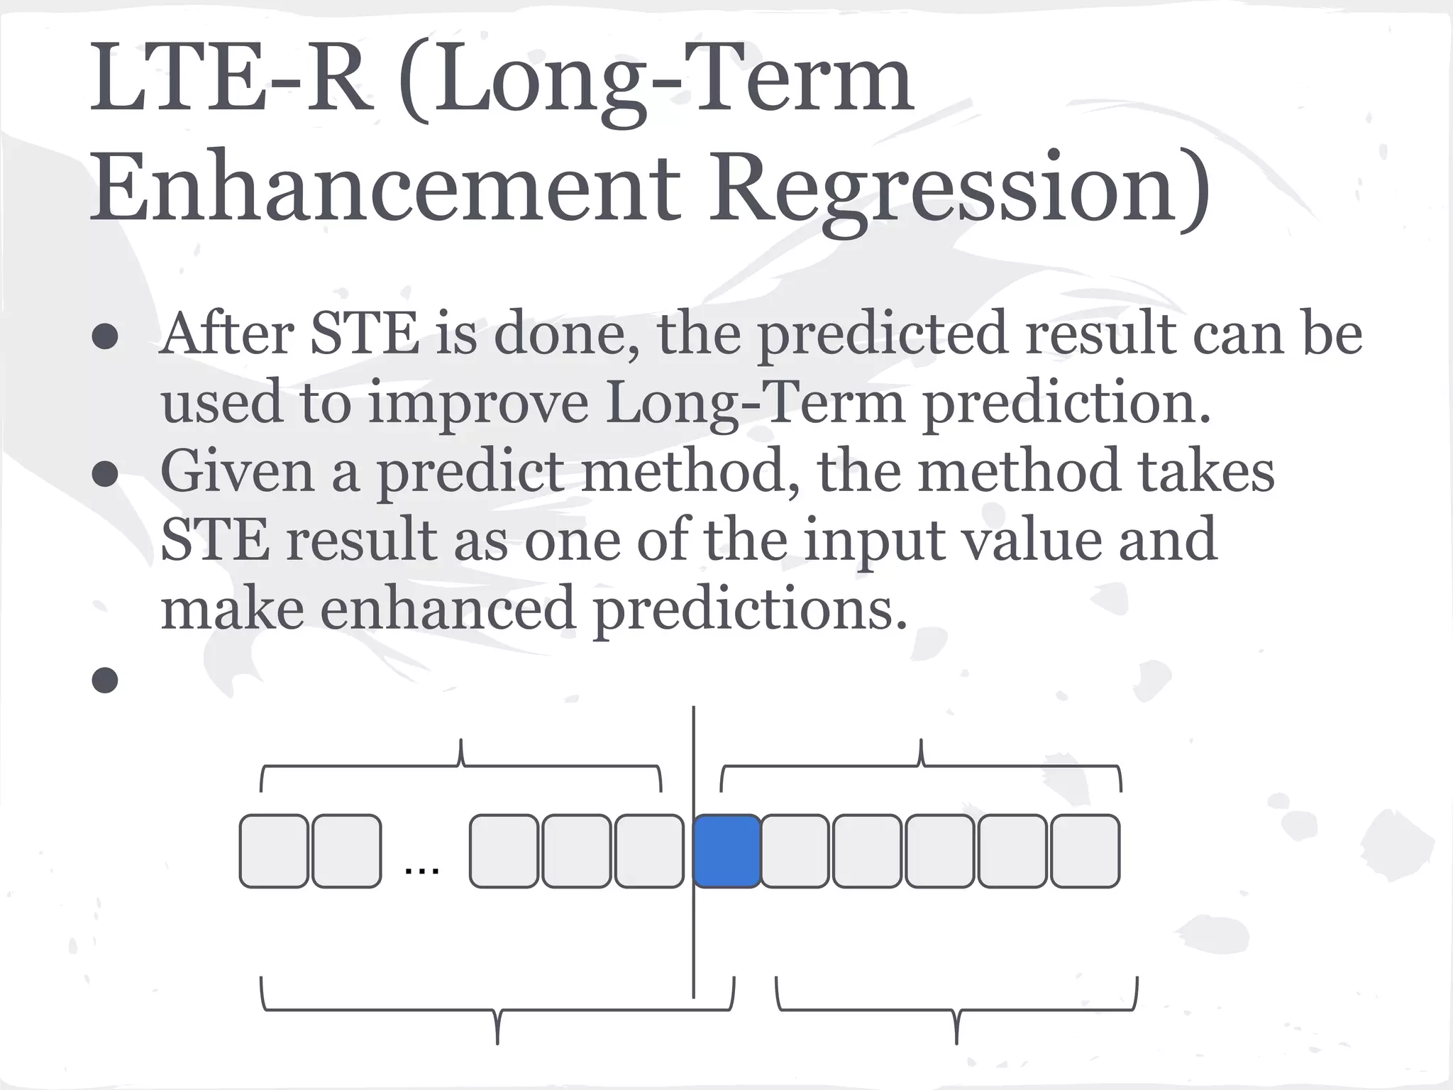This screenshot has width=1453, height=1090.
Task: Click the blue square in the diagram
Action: pyautogui.click(x=726, y=851)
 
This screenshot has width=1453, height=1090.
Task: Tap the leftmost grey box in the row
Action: pyautogui.click(x=274, y=851)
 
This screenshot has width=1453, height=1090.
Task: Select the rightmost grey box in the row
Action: pyautogui.click(x=1085, y=851)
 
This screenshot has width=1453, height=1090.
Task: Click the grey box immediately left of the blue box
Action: pyautogui.click(x=649, y=851)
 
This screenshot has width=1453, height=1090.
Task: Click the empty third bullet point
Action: pyautogui.click(x=105, y=680)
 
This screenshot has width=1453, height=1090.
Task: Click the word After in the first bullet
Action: pyautogui.click(x=226, y=334)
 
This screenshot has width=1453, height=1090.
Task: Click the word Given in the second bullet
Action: pyautogui.click(x=237, y=471)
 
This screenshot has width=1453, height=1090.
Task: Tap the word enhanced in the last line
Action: pyautogui.click(x=448, y=608)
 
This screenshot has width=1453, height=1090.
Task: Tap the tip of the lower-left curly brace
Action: pyautogui.click(x=497, y=1040)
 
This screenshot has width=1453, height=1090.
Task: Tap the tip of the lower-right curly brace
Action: pyautogui.click(x=956, y=1040)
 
